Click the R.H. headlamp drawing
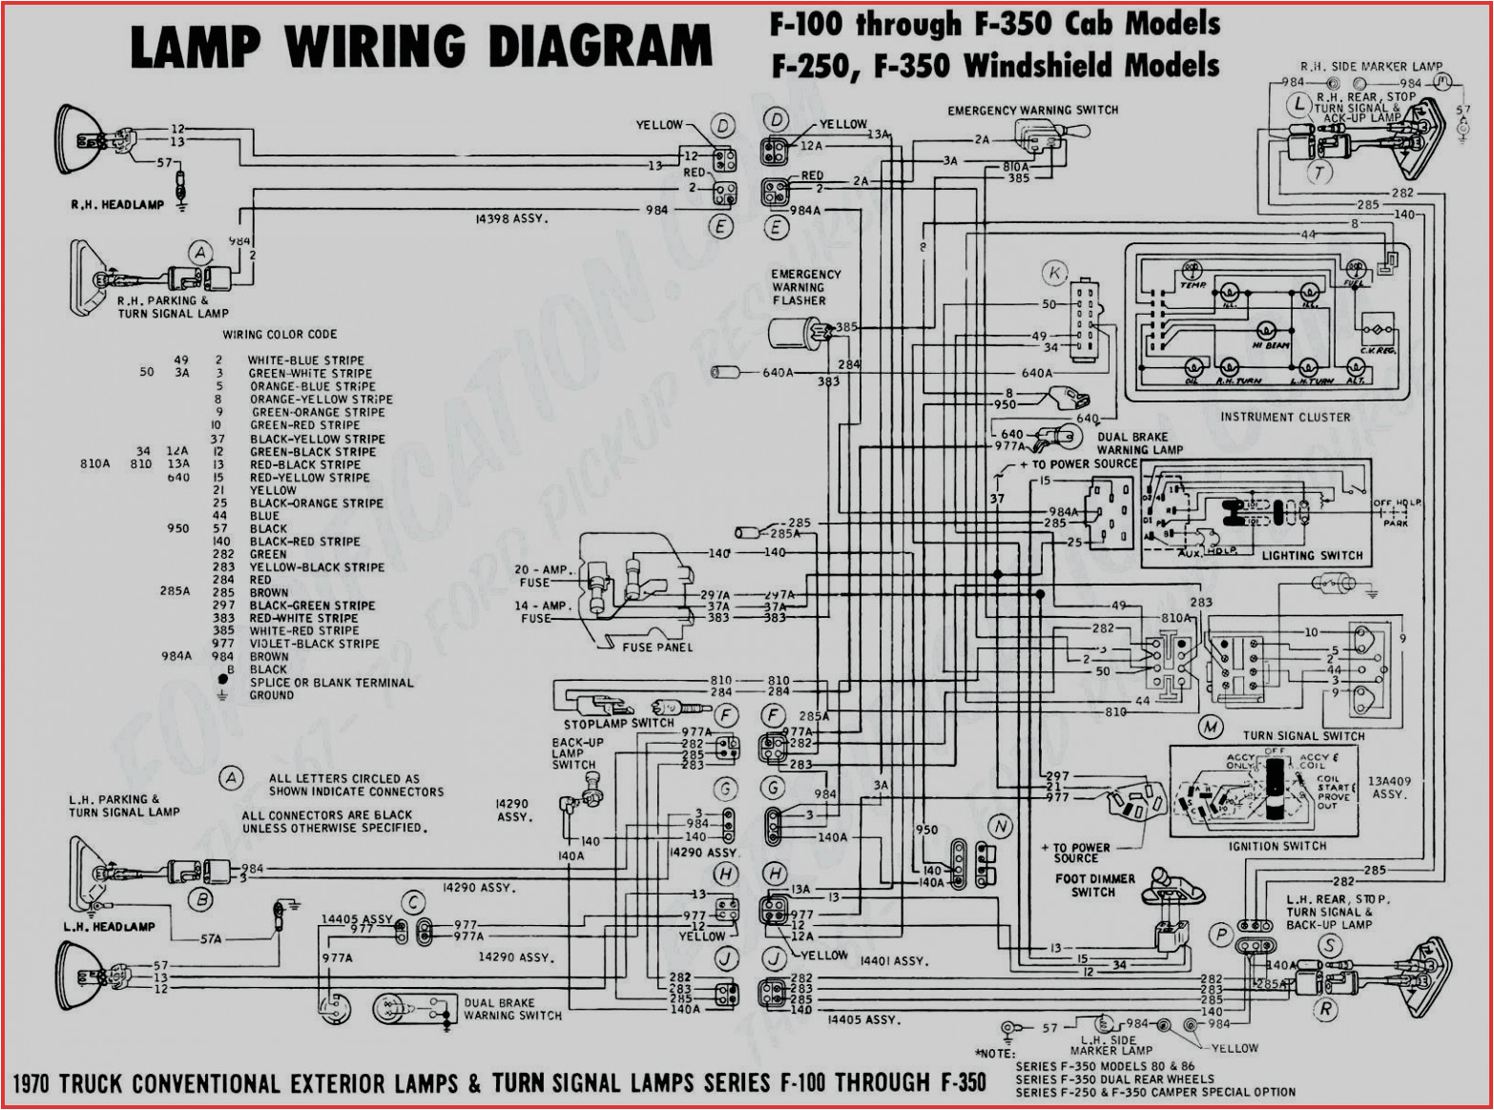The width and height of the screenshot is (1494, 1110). click(78, 139)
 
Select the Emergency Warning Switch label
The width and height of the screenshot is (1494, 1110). click(1032, 111)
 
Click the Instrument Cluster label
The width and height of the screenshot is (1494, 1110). click(1284, 417)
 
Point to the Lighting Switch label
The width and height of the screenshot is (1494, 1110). click(1312, 555)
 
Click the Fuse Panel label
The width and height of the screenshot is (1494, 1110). click(656, 647)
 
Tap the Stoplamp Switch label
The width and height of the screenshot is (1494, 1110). click(618, 723)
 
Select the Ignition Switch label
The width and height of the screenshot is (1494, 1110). click(1276, 846)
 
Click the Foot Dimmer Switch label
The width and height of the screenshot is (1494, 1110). click(1094, 885)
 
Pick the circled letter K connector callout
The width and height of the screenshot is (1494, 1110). click(1054, 274)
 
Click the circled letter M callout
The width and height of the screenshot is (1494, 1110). click(1210, 728)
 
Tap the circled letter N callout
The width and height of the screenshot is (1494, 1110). click(999, 827)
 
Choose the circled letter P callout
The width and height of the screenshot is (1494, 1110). click(1220, 935)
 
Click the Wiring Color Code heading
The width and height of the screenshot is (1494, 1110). click(280, 335)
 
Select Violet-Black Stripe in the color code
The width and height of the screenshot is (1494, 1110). click(314, 644)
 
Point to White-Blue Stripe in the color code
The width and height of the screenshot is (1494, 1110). click(305, 360)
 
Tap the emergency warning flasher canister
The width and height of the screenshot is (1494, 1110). click(793, 334)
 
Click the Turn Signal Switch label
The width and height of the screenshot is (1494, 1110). click(1302, 736)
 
